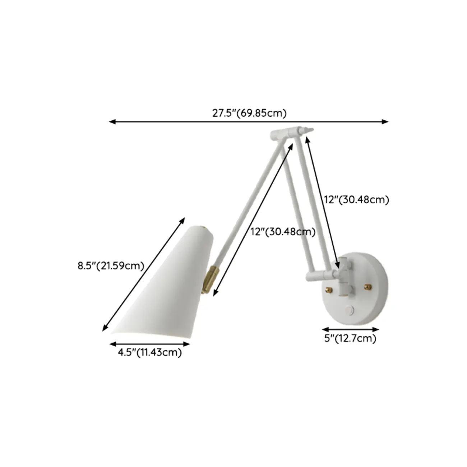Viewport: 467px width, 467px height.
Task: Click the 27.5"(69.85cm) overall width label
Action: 249,113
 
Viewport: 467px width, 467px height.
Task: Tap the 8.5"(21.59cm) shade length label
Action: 111,266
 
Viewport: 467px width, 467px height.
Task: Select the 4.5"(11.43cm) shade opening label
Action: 150,352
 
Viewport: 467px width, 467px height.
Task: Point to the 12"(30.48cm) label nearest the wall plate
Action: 356,200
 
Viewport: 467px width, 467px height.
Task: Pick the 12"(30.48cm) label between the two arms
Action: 283,232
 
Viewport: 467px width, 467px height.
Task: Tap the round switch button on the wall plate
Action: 350,309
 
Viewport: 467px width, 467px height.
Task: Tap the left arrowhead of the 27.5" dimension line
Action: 112,122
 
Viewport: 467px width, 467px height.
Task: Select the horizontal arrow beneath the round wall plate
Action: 351,329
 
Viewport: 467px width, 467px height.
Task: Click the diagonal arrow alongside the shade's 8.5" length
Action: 144,274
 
